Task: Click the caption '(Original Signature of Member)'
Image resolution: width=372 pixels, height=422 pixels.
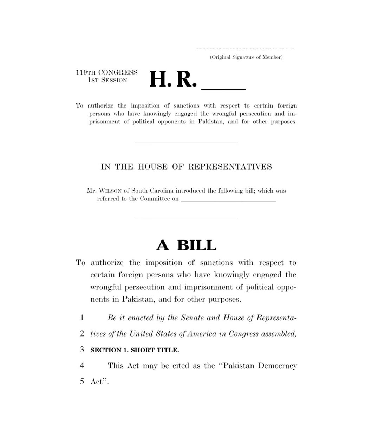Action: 246,57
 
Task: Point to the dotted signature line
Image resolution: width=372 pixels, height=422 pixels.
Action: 244,49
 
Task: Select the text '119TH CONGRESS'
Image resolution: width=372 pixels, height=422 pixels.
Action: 107,73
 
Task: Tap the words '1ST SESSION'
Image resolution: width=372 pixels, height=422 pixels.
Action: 107,80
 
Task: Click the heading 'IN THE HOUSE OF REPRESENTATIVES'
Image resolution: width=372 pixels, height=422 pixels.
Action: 186,167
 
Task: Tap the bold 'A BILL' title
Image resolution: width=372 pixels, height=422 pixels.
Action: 186,245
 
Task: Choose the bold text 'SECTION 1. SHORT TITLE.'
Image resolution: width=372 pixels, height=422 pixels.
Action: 135,350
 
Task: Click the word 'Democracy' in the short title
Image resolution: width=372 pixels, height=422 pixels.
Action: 278,366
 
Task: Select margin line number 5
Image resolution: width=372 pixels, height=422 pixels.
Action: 82,382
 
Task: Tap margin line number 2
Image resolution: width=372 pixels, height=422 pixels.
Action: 82,334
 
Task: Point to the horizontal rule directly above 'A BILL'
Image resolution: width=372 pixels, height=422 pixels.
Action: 187,219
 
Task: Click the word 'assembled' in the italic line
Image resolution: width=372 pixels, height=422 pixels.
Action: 279,334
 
